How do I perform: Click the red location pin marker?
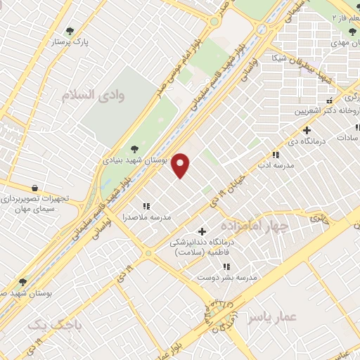click(x=181, y=165)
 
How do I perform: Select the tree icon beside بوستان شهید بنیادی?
click(x=134, y=148)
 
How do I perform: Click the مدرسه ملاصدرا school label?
click(x=147, y=217)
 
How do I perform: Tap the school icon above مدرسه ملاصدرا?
click(x=146, y=206)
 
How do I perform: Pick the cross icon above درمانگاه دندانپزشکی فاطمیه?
click(x=202, y=231)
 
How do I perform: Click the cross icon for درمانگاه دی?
click(x=307, y=130)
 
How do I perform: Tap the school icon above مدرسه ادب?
click(x=276, y=155)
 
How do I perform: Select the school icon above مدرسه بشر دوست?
click(x=226, y=266)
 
